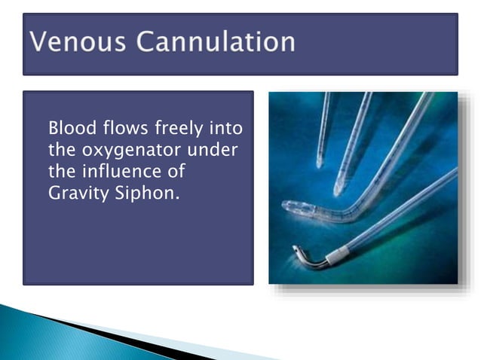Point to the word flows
coord(124,127)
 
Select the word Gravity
coord(77,193)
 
